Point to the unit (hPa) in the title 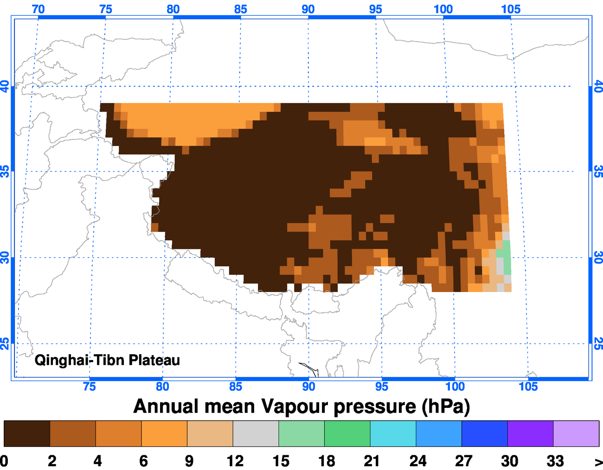pyautogui.click(x=446, y=406)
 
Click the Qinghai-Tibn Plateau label pyautogui.click(x=107, y=360)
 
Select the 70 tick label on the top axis pyautogui.click(x=38, y=9)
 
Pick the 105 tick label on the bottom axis pyautogui.click(x=528, y=387)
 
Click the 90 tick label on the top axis pyautogui.click(x=308, y=9)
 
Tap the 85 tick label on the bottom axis pyautogui.click(x=236, y=387)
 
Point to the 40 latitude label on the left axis pyautogui.click(x=5, y=86)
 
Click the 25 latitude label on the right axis pyautogui.click(x=598, y=343)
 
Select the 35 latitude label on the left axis pyautogui.click(x=5, y=172)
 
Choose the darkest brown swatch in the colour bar pyautogui.click(x=27, y=433)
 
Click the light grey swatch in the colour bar pyautogui.click(x=256, y=433)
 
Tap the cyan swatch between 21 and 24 pyautogui.click(x=393, y=433)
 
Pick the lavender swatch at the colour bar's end pyautogui.click(x=576, y=433)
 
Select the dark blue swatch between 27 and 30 pyautogui.click(x=484, y=433)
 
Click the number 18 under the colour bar pyautogui.click(x=327, y=461)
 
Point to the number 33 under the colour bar pyautogui.click(x=555, y=461)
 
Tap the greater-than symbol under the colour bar pyautogui.click(x=598, y=462)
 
